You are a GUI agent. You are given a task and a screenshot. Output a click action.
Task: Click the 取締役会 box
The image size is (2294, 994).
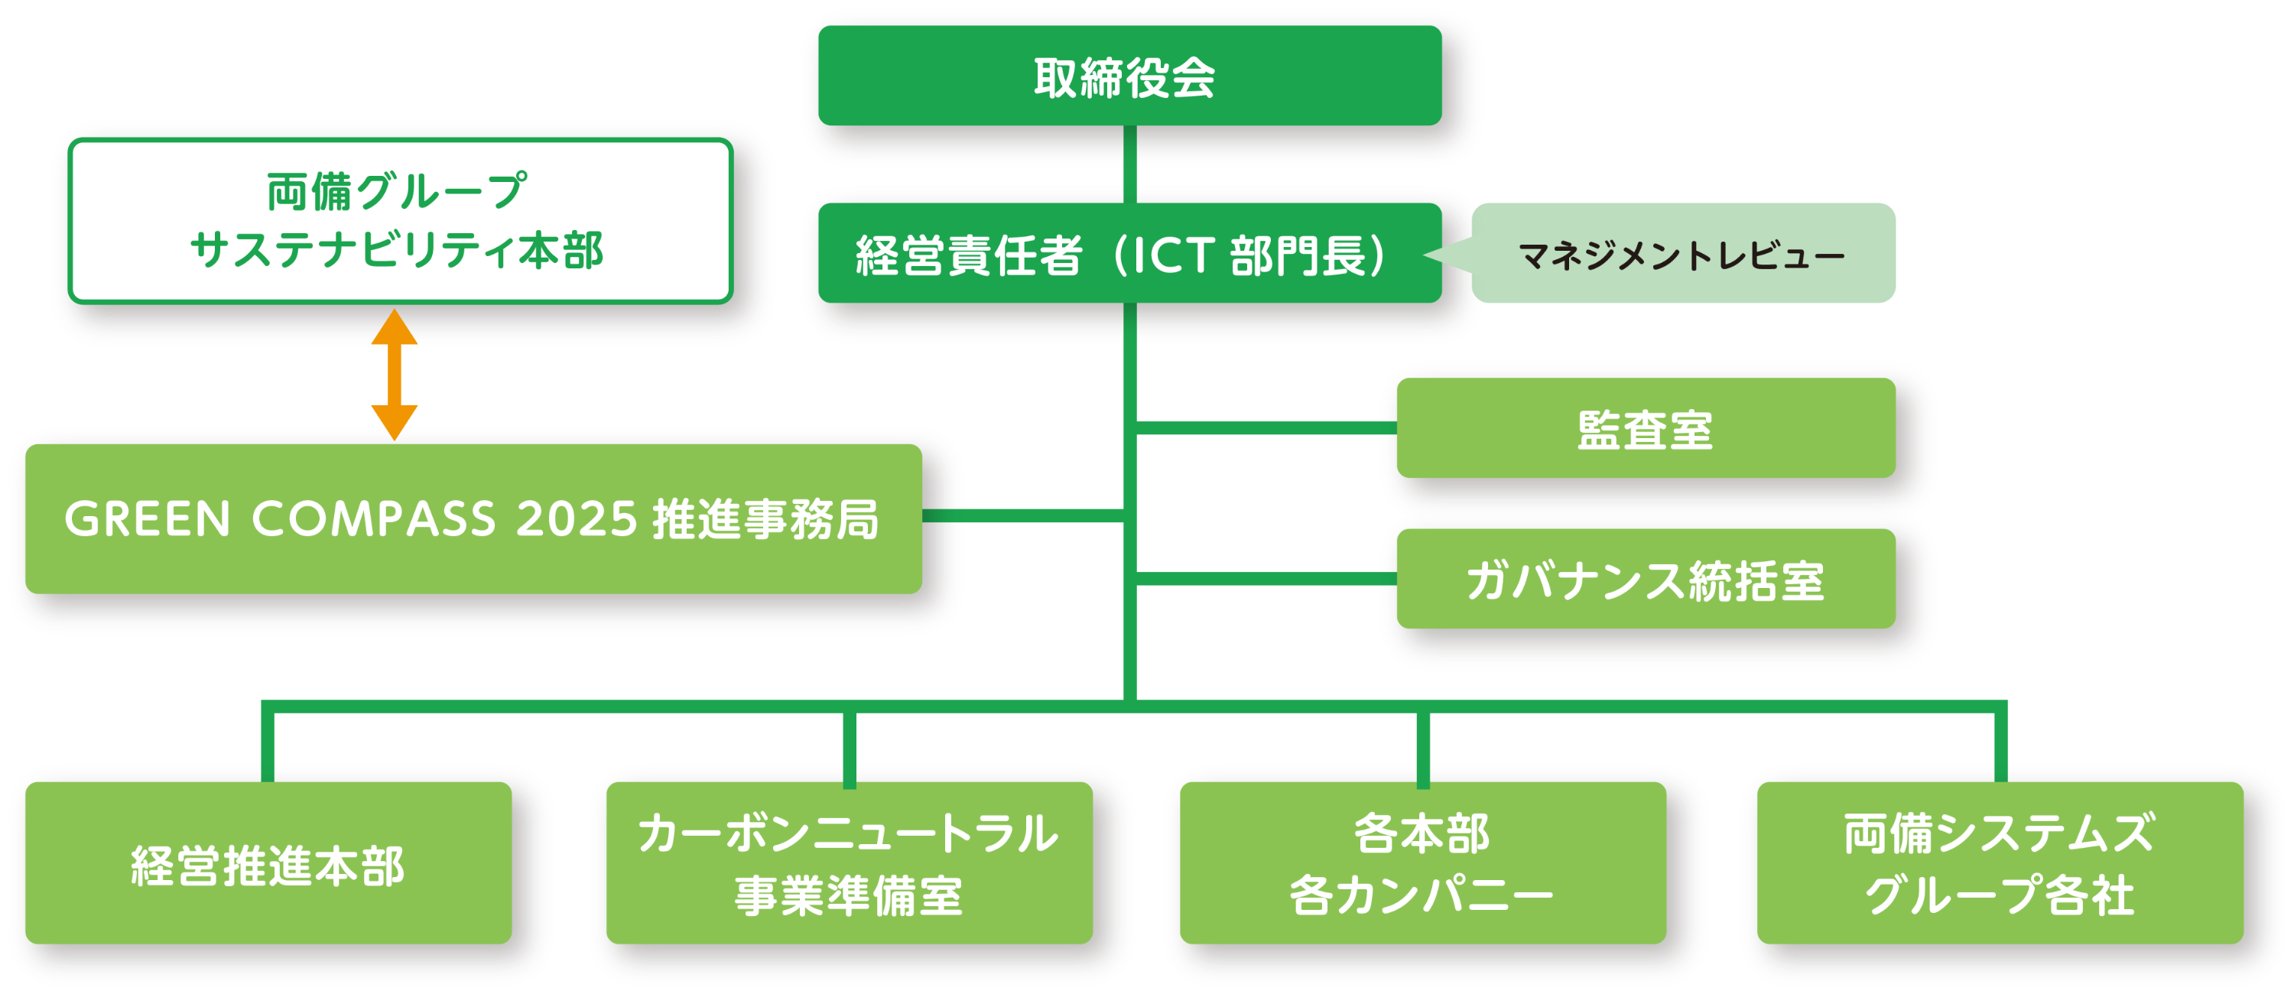pos(1129,76)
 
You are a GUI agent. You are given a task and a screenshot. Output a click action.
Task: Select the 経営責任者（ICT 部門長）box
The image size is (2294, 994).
pos(1129,254)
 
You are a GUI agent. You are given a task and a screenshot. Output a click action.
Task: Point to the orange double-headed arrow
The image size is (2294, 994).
pos(395,375)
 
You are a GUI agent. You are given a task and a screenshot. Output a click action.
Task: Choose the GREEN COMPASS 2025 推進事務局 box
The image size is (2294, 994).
pos(473,518)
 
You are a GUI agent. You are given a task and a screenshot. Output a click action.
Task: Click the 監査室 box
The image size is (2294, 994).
pos(1645,428)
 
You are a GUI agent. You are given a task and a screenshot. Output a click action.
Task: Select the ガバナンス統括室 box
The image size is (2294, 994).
pos(1645,579)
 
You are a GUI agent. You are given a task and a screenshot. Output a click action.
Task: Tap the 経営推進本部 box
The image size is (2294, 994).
pos(268,863)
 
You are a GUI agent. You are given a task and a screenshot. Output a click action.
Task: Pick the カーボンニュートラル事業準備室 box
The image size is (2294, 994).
pos(849,863)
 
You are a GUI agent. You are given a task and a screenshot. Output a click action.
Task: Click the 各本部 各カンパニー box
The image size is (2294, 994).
pos(1422,863)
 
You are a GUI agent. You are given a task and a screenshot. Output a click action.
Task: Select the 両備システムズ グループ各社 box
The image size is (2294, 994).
pos(2000,863)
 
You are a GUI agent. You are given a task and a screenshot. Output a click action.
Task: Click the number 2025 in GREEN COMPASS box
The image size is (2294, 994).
pos(576,519)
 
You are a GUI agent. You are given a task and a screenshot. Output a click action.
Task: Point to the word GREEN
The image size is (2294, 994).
pos(148,519)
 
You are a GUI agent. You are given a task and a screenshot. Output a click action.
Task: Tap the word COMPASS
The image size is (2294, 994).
pos(373,519)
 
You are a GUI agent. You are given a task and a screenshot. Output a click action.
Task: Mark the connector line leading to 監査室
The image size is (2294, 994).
pos(1265,427)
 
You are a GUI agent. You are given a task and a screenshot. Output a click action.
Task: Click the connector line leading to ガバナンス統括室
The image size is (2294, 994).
pos(1265,579)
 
